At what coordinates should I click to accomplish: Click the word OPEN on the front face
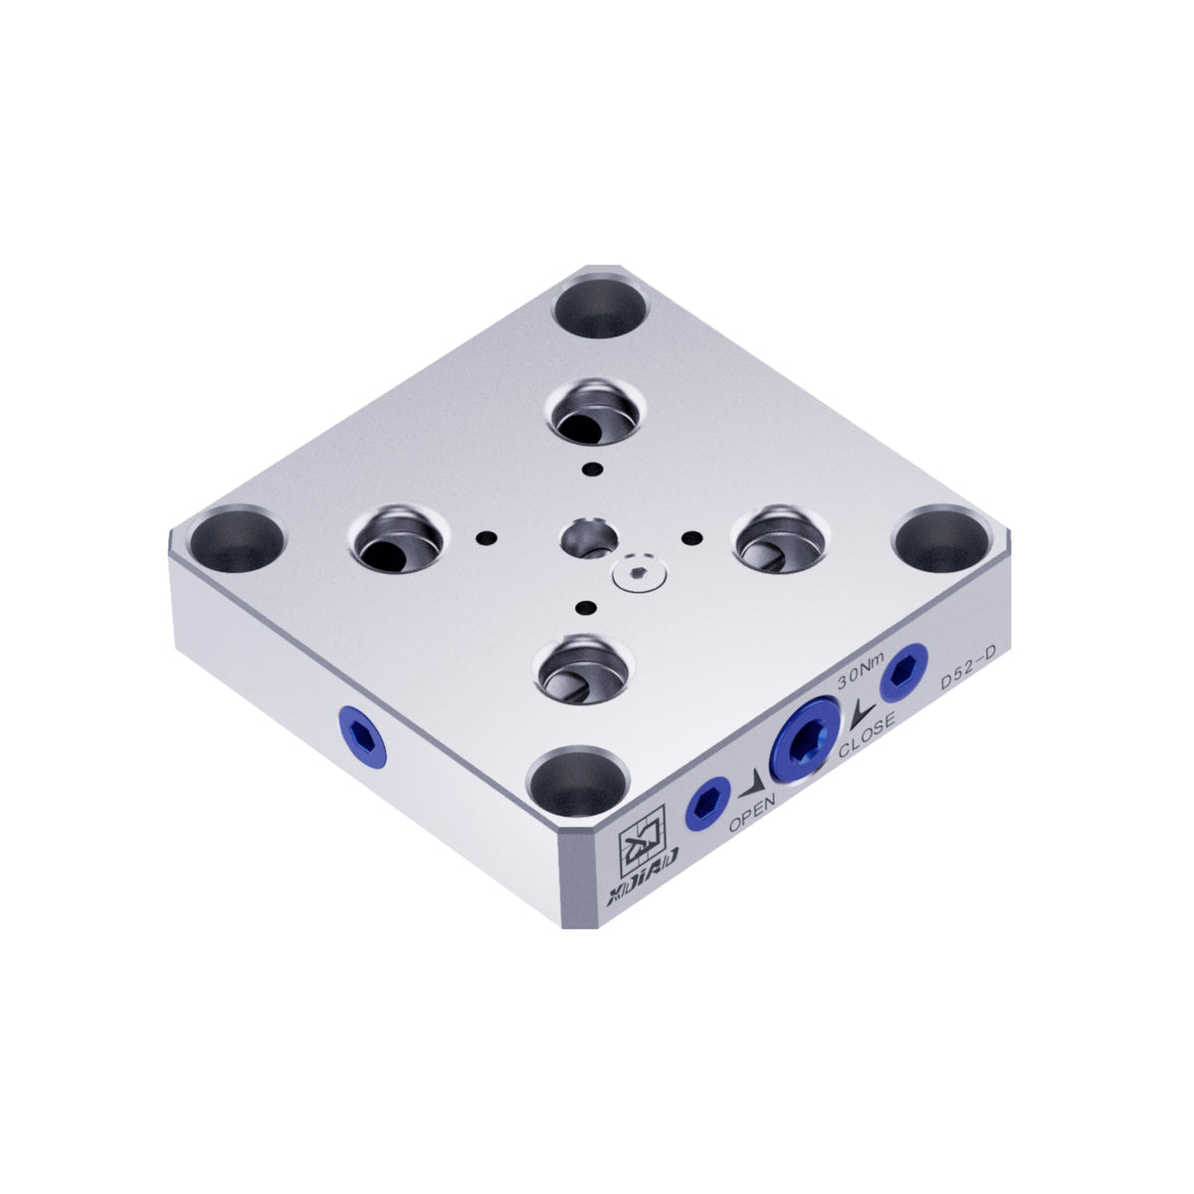pos(752,815)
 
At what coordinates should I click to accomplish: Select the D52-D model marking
pos(967,677)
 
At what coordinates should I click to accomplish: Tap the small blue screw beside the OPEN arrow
pos(708,804)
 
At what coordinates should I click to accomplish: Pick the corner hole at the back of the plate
pos(600,307)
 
